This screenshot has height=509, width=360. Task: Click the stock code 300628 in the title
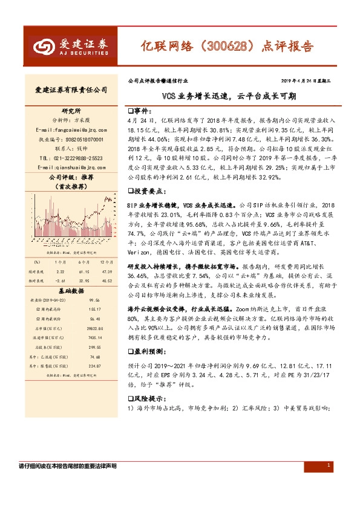[221, 45]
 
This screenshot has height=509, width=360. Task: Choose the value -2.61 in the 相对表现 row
[59, 280]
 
